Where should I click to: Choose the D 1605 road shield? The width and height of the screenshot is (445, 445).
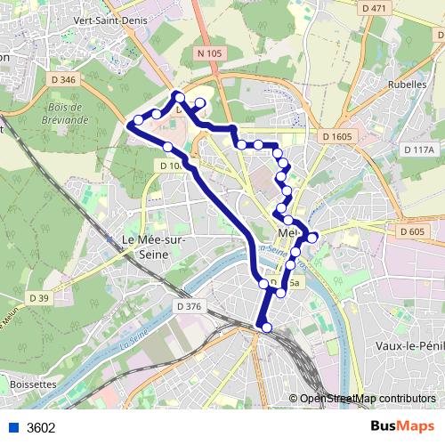pos(338,136)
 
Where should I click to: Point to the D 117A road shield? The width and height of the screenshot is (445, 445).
pos(417,150)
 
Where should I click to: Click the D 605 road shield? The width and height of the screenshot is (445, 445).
pos(412,231)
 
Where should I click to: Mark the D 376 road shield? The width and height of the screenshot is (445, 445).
pos(190,306)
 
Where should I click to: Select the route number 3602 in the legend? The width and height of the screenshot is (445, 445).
pos(41,427)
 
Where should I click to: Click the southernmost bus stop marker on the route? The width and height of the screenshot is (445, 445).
pos(265,328)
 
